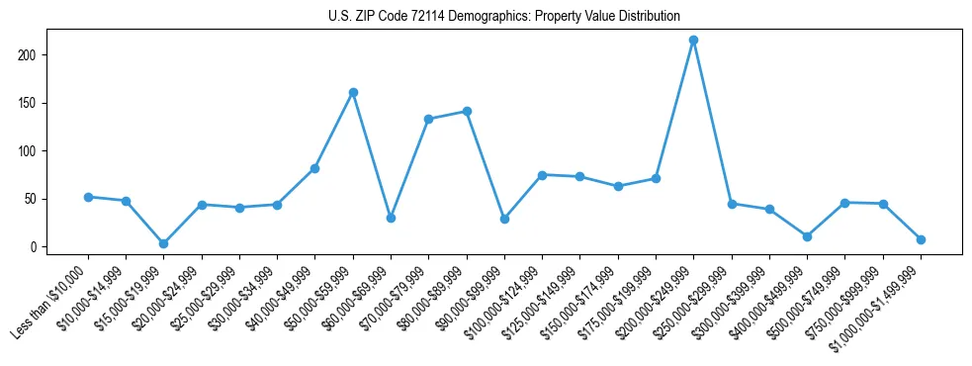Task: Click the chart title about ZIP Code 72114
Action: [504, 16]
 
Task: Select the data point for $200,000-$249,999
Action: [694, 40]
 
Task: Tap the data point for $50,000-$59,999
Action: [353, 92]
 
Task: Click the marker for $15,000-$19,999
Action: [163, 243]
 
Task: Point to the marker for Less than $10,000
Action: [88, 197]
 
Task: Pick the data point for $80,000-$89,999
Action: [467, 111]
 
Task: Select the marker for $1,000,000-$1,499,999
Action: [921, 239]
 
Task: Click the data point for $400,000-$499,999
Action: [808, 236]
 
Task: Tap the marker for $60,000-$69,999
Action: [391, 218]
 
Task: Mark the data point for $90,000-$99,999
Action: [504, 219]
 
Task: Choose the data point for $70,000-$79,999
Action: [428, 119]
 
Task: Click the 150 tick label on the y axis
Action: [35, 103]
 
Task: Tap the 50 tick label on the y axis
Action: [38, 199]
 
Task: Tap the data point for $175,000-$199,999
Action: [656, 178]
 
